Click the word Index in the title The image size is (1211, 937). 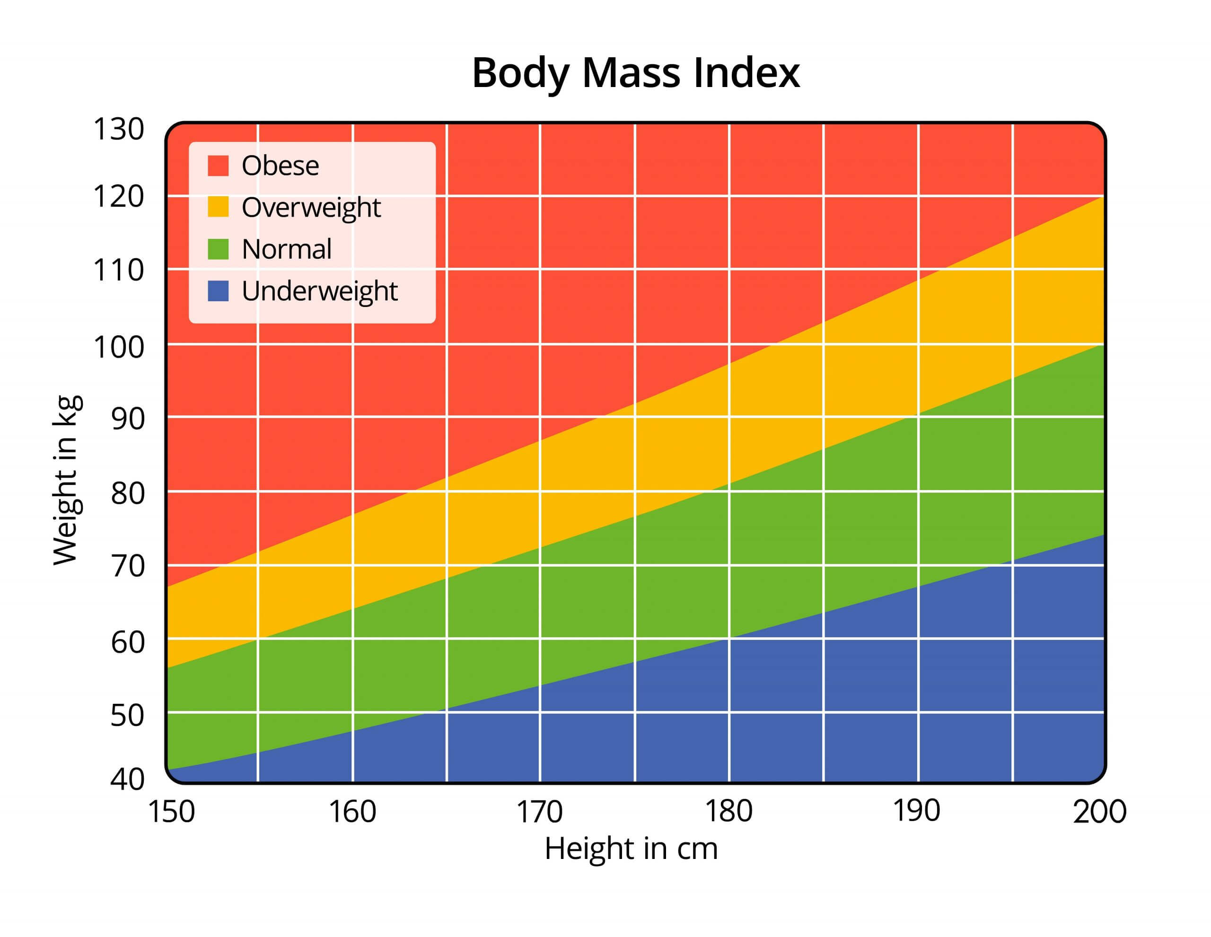click(x=746, y=73)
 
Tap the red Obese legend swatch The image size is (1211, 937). click(x=218, y=165)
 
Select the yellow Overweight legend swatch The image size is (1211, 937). click(x=218, y=207)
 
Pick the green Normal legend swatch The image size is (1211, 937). click(x=218, y=249)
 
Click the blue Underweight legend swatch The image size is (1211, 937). click(x=218, y=290)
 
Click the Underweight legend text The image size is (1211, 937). click(x=319, y=290)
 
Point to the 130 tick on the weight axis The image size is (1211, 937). click(x=119, y=129)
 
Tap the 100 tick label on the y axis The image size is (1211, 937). click(x=119, y=348)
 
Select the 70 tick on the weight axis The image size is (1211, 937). click(x=128, y=566)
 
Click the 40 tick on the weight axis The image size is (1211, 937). click(x=128, y=779)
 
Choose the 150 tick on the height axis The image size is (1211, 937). click(x=171, y=812)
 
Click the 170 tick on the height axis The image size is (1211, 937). click(x=539, y=812)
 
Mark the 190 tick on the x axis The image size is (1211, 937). click(x=916, y=811)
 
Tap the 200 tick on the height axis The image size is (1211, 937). click(x=1099, y=812)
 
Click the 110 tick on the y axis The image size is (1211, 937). click(x=119, y=271)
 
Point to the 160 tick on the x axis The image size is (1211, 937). click(x=352, y=812)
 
